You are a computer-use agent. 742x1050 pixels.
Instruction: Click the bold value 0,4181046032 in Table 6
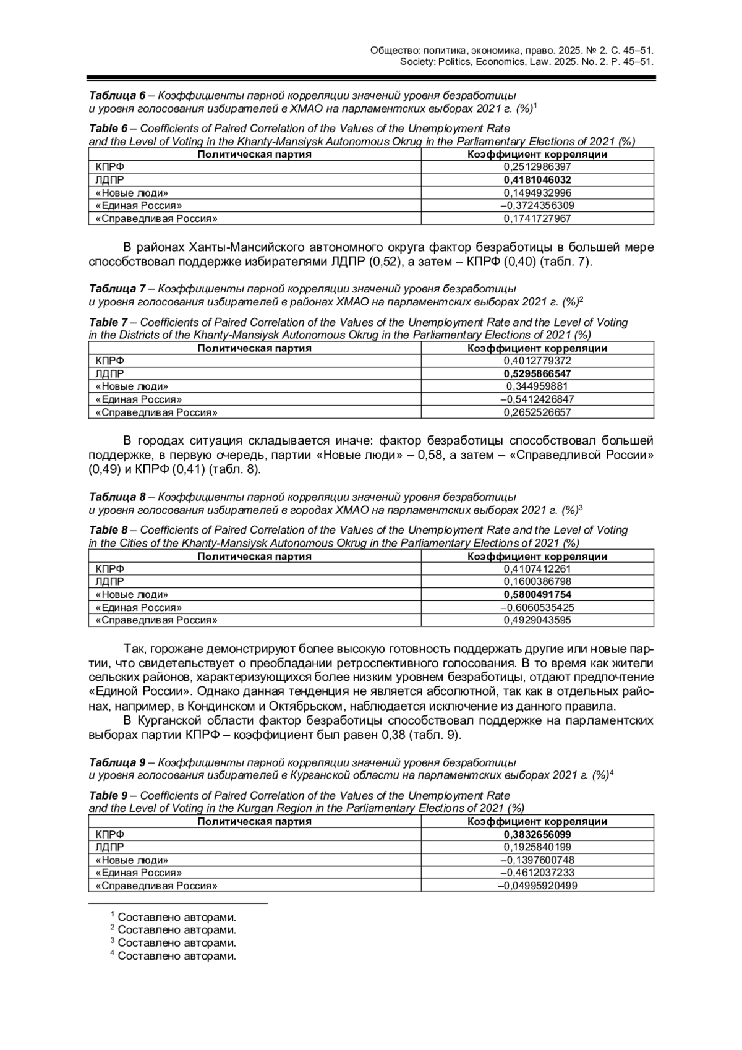click(537, 180)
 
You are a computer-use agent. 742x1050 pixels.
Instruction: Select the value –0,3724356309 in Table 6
click(537, 205)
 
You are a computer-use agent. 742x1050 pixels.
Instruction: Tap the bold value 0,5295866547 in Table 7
click(537, 373)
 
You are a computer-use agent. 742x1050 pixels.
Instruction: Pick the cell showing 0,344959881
click(537, 386)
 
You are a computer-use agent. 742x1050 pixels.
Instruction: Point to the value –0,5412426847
click(537, 399)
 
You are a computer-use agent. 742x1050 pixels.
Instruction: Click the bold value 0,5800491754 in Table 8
click(537, 594)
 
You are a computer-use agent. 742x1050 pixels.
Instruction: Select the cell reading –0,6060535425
click(537, 607)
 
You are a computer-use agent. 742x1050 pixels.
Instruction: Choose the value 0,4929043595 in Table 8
click(537, 620)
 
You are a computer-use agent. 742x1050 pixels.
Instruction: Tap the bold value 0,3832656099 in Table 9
click(537, 834)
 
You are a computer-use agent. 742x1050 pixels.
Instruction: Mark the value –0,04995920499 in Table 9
click(537, 886)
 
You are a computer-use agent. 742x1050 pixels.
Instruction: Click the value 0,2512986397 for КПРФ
click(537, 167)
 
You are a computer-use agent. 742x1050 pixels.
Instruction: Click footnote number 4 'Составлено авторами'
click(176, 956)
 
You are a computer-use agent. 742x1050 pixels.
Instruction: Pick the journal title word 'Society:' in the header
click(418, 62)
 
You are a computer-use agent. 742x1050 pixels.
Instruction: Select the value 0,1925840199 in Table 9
click(537, 847)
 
